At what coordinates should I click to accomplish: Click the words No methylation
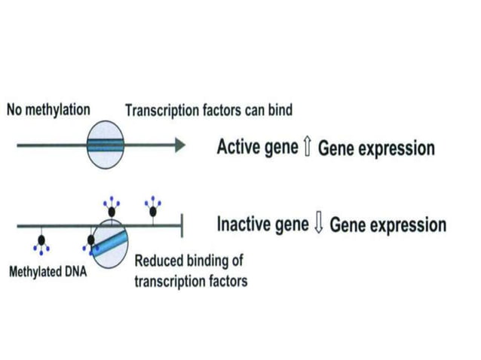pos(48,109)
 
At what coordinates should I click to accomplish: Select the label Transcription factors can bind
pos(209,111)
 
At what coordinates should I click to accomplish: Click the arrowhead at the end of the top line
pos(179,145)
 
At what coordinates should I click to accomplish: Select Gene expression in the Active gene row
pos(376,148)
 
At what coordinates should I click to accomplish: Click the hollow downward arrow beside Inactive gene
pos(319,224)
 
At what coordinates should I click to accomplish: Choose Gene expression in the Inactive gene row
pos(388,224)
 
